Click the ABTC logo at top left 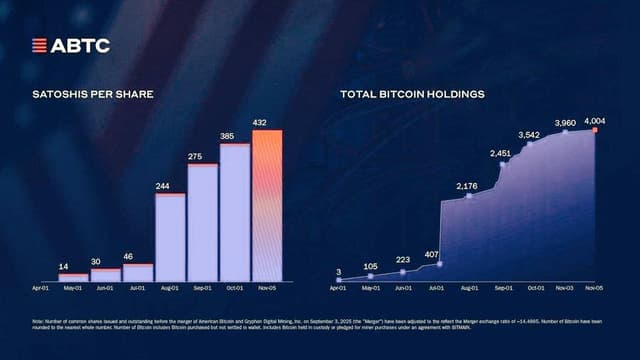tap(70, 45)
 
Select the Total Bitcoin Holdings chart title tap(412, 94)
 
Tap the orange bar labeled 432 tap(267, 205)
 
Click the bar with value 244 tap(170, 236)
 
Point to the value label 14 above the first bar tap(63, 266)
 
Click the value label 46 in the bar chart tap(129, 257)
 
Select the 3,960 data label tap(565, 123)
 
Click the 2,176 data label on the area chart tap(467, 187)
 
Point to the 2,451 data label tap(500, 153)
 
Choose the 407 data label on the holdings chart tap(432, 254)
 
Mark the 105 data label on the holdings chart tap(370, 267)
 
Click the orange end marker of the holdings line tap(595, 130)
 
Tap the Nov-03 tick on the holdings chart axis tap(564, 287)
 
